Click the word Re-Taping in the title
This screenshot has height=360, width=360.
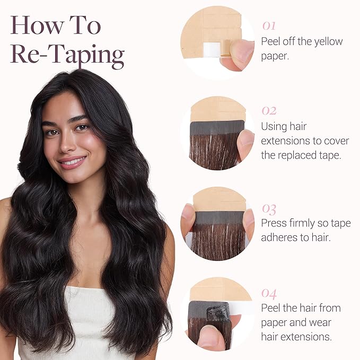(67, 55)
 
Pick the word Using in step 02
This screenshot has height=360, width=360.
(274, 126)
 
